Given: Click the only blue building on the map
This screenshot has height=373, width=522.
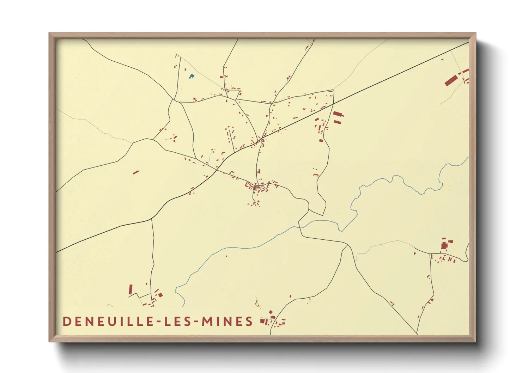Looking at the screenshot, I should point(191,76).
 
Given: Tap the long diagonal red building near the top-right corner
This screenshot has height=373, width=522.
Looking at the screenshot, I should point(450,81).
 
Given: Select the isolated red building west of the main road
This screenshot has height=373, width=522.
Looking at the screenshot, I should point(135,172).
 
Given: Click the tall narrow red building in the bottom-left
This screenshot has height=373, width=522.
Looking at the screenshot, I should point(130,289).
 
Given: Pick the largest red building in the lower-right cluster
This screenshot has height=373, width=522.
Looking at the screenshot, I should point(444,245).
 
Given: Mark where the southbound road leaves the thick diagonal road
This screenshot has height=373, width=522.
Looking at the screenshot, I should point(152,219).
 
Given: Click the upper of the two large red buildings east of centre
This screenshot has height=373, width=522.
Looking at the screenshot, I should point(338,114).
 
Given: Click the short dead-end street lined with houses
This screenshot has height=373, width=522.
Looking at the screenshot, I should point(231,136).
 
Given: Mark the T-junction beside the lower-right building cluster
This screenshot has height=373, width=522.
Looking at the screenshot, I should point(431,254).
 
